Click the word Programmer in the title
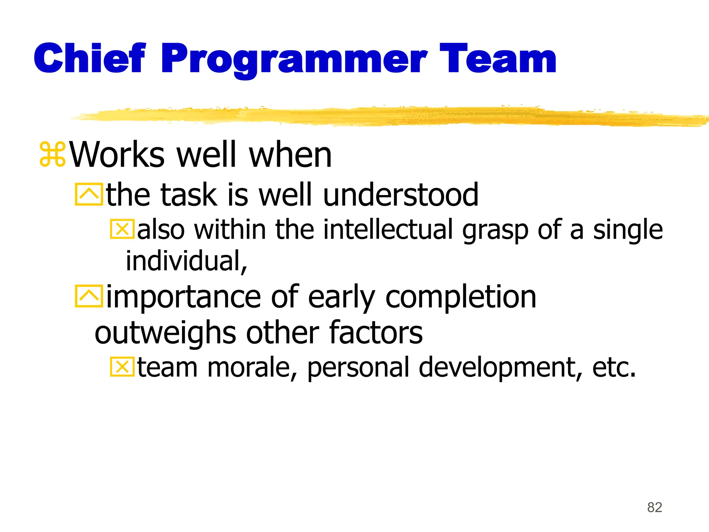coord(294,59)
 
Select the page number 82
coord(654,507)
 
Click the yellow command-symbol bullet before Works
coord(52,154)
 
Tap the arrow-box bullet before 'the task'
coord(89,194)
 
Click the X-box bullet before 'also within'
coord(122,229)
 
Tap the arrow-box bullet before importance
coord(89,296)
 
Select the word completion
coord(460,297)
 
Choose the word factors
coord(376,332)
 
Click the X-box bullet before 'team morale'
coord(122,367)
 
